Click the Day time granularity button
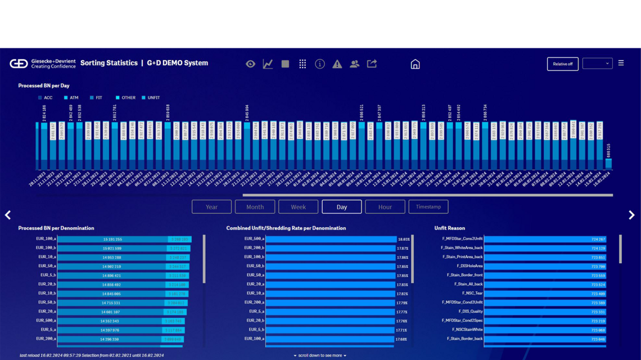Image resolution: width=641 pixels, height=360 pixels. pyautogui.click(x=341, y=207)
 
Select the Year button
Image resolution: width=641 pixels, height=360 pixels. pyautogui.click(x=211, y=207)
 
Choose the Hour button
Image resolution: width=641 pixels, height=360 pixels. pyautogui.click(x=385, y=207)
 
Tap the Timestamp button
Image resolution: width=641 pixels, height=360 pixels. pyautogui.click(x=428, y=207)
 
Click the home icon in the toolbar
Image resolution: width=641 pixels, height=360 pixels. pyautogui.click(x=415, y=64)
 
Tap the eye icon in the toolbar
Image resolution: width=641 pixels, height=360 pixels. pyautogui.click(x=250, y=64)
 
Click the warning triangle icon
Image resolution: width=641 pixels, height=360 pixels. pyautogui.click(x=337, y=64)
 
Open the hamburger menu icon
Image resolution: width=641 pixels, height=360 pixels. pyautogui.click(x=621, y=63)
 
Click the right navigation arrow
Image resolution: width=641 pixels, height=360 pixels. pyautogui.click(x=631, y=215)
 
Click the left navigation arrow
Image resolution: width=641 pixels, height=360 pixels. pyautogui.click(x=8, y=215)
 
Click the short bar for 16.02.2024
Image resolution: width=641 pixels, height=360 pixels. pyautogui.click(x=608, y=163)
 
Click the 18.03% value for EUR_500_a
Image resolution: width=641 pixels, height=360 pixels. pyautogui.click(x=403, y=239)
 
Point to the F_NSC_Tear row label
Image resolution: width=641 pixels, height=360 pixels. pyautogui.click(x=472, y=293)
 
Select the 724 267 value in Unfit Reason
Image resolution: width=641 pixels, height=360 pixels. pyautogui.click(x=598, y=239)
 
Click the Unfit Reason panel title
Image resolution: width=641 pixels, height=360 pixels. pyautogui.click(x=449, y=228)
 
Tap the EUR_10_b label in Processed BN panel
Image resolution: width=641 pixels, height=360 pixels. pyautogui.click(x=46, y=293)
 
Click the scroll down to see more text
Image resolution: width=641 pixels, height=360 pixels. pyautogui.click(x=320, y=355)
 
